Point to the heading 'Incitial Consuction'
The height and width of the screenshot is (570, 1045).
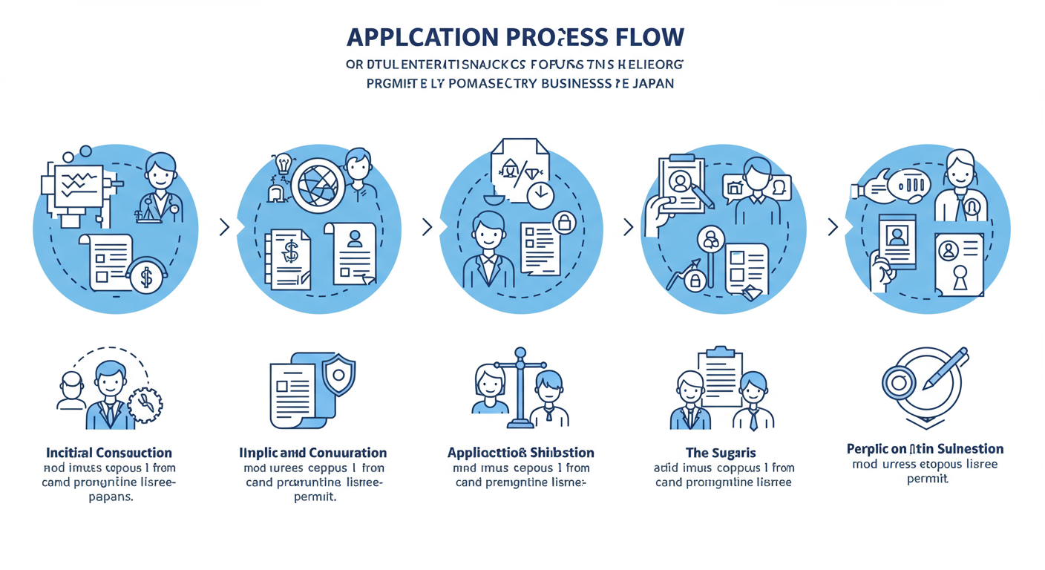coord(109,452)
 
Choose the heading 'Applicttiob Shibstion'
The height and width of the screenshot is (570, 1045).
coord(521,452)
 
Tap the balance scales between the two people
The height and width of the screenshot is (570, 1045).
coord(520,386)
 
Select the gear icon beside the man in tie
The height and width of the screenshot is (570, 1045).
coord(145,403)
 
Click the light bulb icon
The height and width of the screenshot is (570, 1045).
coord(282,164)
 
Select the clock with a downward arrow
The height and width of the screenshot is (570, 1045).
coord(540,195)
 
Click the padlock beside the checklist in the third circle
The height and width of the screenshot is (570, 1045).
coord(563,221)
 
